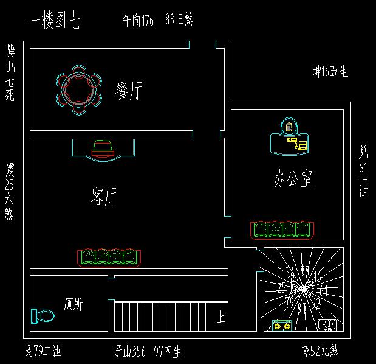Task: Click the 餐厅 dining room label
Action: click(x=129, y=91)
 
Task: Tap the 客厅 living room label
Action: click(x=103, y=197)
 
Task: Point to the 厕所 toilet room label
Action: click(x=73, y=304)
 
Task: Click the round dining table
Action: click(x=77, y=89)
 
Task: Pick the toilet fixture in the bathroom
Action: click(x=41, y=317)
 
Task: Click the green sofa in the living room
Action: click(x=109, y=257)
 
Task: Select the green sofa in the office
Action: click(x=282, y=229)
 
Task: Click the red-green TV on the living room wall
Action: click(x=103, y=149)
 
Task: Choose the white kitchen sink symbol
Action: click(x=327, y=325)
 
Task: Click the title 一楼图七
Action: click(x=54, y=22)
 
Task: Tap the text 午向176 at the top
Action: click(x=138, y=21)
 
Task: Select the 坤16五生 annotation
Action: click(x=330, y=72)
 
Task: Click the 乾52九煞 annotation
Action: click(x=320, y=351)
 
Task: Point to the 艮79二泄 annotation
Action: click(x=43, y=351)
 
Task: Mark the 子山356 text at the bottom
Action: click(x=129, y=351)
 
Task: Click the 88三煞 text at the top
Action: click(x=179, y=21)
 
